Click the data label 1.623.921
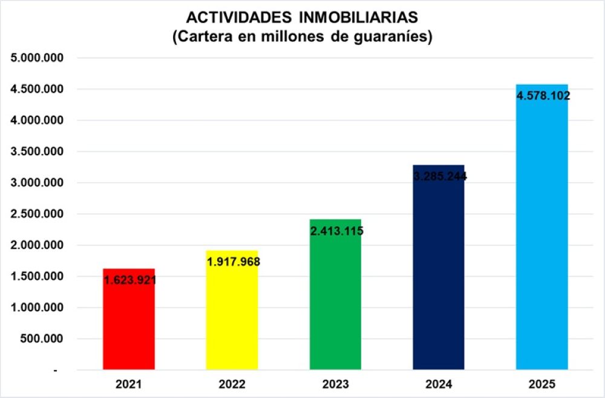pyautogui.click(x=129, y=280)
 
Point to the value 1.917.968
pyautogui.click(x=233, y=262)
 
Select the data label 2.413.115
pyautogui.click(x=336, y=231)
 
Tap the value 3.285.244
pyautogui.click(x=440, y=177)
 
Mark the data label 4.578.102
pyautogui.click(x=543, y=96)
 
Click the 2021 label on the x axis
pyautogui.click(x=129, y=384)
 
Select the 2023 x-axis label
pyautogui.click(x=335, y=384)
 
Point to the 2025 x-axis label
pyautogui.click(x=541, y=384)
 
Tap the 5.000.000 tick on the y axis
pyautogui.click(x=38, y=58)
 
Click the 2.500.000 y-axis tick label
pyautogui.click(x=38, y=214)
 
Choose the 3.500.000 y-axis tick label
pyautogui.click(x=38, y=151)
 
